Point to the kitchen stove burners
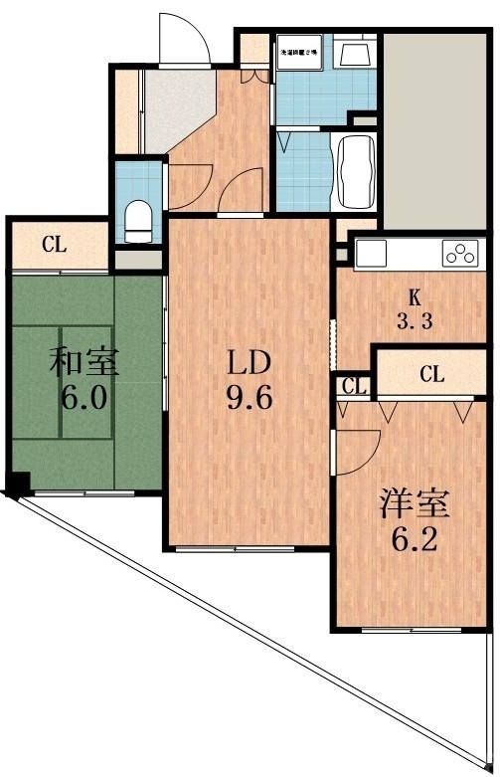click(460, 254)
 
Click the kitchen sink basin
click(371, 254)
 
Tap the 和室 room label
click(85, 361)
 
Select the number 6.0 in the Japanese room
click(85, 399)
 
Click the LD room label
click(248, 361)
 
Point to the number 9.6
click(248, 399)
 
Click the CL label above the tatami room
click(55, 243)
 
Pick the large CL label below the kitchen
click(431, 374)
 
